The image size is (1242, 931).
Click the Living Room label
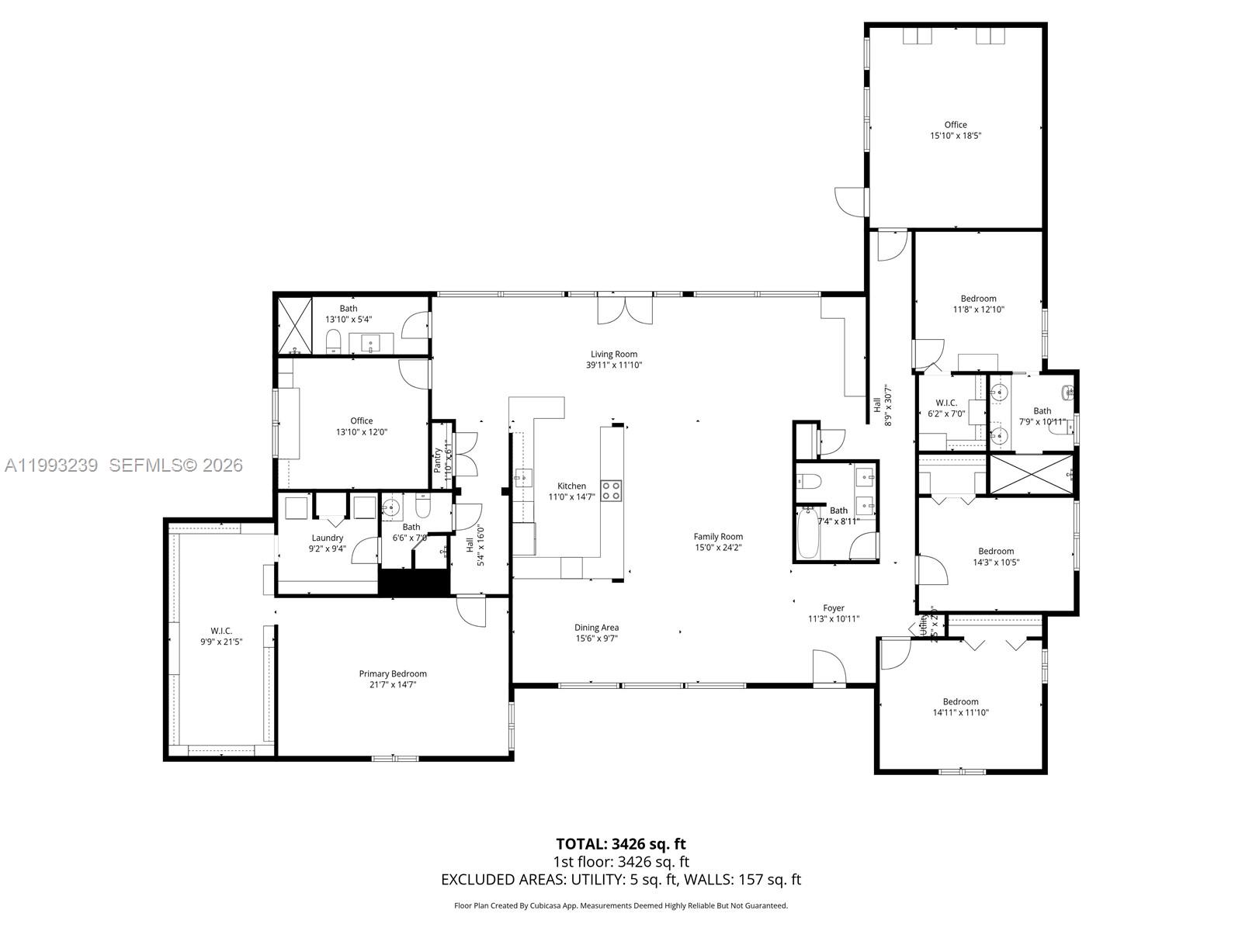click(614, 355)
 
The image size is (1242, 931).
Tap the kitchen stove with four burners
click(611, 490)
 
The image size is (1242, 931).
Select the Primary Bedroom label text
click(392, 673)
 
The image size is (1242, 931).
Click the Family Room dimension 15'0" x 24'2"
click(718, 547)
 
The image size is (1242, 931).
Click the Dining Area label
click(596, 628)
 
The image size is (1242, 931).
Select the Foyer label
click(834, 608)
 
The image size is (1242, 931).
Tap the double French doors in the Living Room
click(625, 311)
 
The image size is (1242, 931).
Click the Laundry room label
click(327, 538)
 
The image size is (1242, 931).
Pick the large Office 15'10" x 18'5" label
click(956, 125)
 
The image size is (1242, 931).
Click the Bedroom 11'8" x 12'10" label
click(978, 299)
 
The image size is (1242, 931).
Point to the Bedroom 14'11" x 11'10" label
click(960, 701)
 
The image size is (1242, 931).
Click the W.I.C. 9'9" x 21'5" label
click(221, 631)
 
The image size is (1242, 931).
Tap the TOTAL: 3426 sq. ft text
click(621, 843)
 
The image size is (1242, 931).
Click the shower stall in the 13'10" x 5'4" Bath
click(293, 325)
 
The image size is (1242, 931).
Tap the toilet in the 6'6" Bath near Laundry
click(423, 509)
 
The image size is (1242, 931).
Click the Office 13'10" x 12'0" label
click(361, 421)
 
